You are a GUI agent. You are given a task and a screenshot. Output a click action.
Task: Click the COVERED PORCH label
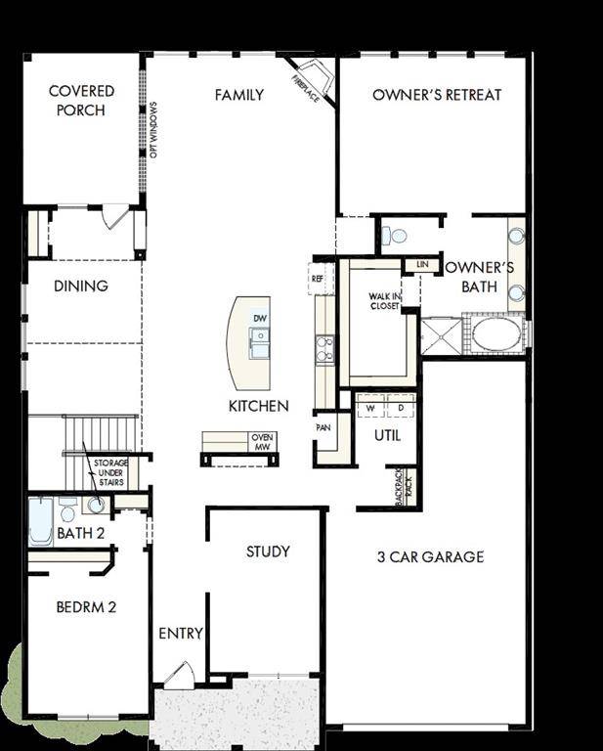point(81,101)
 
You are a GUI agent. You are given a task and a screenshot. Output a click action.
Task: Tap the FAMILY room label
point(239,95)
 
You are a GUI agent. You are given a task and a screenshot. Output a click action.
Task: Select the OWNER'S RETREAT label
point(437,95)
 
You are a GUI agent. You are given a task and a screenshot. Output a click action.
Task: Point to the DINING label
point(81,287)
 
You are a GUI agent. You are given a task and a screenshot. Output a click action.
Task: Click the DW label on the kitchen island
point(260,319)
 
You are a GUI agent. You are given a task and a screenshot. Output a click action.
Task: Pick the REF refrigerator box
point(317,279)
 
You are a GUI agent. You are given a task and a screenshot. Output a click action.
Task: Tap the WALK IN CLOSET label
point(384,301)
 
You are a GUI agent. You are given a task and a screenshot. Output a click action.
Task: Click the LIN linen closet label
point(421,264)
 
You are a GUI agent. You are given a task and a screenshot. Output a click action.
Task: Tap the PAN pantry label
point(323,427)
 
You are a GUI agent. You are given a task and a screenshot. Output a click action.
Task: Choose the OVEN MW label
point(262,442)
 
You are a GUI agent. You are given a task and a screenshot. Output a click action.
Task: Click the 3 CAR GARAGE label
point(430,557)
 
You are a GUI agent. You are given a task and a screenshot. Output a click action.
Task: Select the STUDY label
point(267,552)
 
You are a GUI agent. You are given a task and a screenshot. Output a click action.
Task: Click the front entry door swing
point(179,675)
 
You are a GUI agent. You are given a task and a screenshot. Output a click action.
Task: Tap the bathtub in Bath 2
point(40,521)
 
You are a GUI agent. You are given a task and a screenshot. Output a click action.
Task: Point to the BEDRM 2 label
point(86,607)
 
